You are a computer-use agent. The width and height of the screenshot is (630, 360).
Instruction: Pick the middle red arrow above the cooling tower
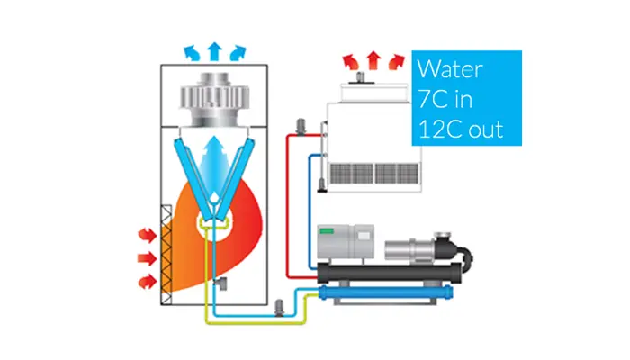pyautogui.click(x=373, y=61)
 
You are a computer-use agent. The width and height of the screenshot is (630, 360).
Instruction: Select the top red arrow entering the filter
pyautogui.click(x=145, y=235)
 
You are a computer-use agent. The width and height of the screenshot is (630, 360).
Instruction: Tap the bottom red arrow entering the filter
pyautogui.click(x=145, y=282)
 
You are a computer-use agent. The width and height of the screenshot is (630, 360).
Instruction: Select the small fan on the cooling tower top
pyautogui.click(x=359, y=79)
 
